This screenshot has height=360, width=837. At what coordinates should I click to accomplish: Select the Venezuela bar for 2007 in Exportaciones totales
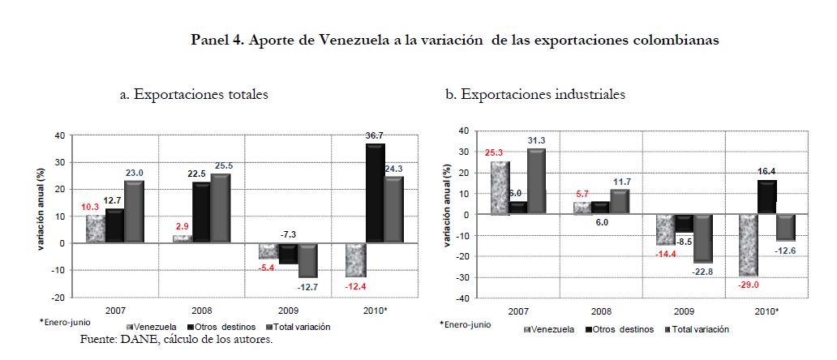point(96,229)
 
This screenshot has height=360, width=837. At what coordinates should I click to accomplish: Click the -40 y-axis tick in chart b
point(465,298)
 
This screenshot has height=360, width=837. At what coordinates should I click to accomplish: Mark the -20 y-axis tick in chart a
point(62,298)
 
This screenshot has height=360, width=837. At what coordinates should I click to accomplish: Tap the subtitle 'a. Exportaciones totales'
point(194,95)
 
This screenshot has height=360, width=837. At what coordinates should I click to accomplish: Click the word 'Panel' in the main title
point(211,39)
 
